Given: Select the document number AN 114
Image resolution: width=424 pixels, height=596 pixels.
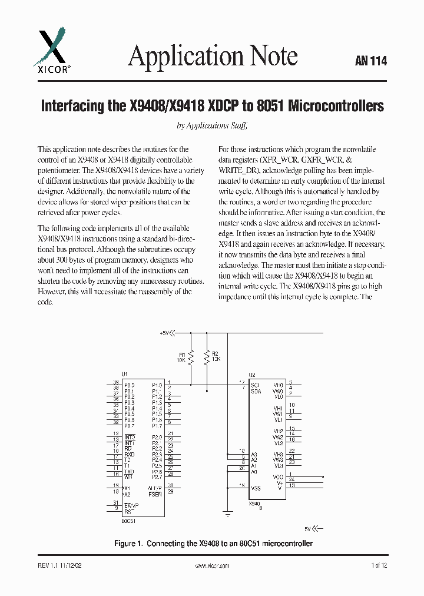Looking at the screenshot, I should point(371,61).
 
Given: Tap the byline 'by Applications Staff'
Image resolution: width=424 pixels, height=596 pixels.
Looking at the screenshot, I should point(212,125).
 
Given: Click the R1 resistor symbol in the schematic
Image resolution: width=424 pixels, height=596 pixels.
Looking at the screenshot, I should point(191,356).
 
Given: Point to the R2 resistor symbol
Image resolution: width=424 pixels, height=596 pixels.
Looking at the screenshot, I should point(207,356).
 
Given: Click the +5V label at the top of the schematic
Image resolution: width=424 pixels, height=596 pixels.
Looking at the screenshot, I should point(164,333).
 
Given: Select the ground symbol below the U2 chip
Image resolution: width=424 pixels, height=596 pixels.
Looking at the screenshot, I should point(228,513).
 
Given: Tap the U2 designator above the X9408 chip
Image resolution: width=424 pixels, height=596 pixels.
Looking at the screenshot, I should point(252,375).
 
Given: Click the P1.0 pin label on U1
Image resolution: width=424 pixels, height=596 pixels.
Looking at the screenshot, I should point(156,385).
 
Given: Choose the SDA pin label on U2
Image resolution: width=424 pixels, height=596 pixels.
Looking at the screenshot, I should point(256,391).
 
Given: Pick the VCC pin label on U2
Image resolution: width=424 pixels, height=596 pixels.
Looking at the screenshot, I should point(278,476).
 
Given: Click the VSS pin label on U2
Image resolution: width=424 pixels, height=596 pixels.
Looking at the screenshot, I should point(256,488).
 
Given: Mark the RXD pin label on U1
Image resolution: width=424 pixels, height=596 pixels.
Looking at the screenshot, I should point(129,455).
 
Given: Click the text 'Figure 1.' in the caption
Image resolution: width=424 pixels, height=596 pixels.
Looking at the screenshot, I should point(127,544).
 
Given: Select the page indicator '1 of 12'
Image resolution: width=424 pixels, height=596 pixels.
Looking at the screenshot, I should point(379,565).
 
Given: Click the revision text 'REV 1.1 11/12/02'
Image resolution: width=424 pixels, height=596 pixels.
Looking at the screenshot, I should point(61,565).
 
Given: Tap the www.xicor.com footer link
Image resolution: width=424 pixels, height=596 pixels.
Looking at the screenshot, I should point(211,565).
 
